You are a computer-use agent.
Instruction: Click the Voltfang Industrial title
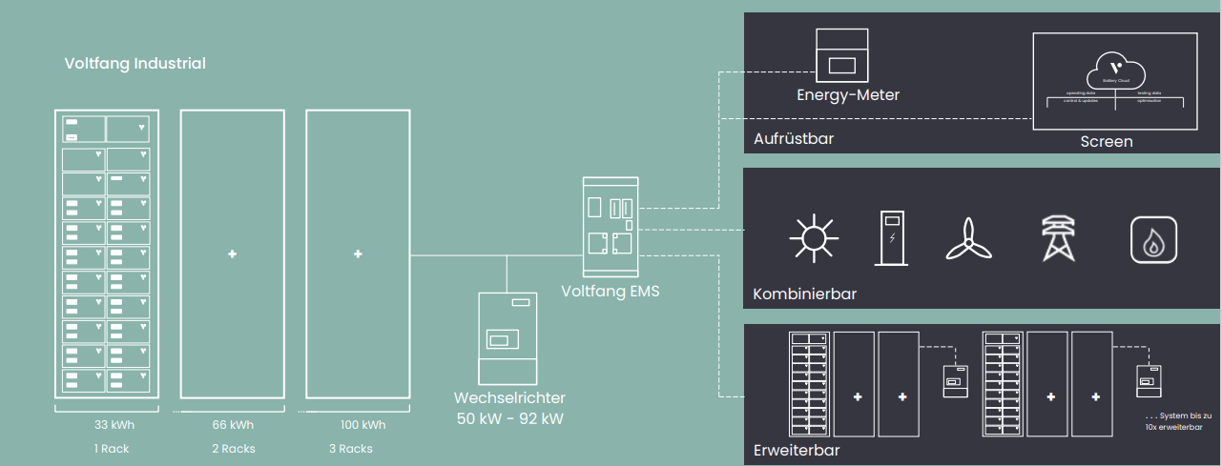(x=135, y=64)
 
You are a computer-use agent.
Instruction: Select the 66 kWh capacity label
(x=233, y=425)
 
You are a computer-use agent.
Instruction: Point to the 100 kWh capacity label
(x=362, y=425)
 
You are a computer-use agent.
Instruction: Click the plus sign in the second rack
(x=232, y=254)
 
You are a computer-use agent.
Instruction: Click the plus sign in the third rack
(x=358, y=254)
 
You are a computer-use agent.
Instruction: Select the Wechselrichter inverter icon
(x=507, y=337)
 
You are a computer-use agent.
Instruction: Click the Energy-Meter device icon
(x=841, y=54)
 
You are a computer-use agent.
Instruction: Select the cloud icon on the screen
(x=1113, y=70)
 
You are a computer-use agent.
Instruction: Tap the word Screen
(x=1107, y=141)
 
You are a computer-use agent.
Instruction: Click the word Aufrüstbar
(x=794, y=139)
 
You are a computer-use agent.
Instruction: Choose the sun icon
(x=814, y=237)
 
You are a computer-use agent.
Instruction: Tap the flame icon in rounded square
(x=1153, y=238)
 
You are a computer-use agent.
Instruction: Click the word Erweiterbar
(x=797, y=449)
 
